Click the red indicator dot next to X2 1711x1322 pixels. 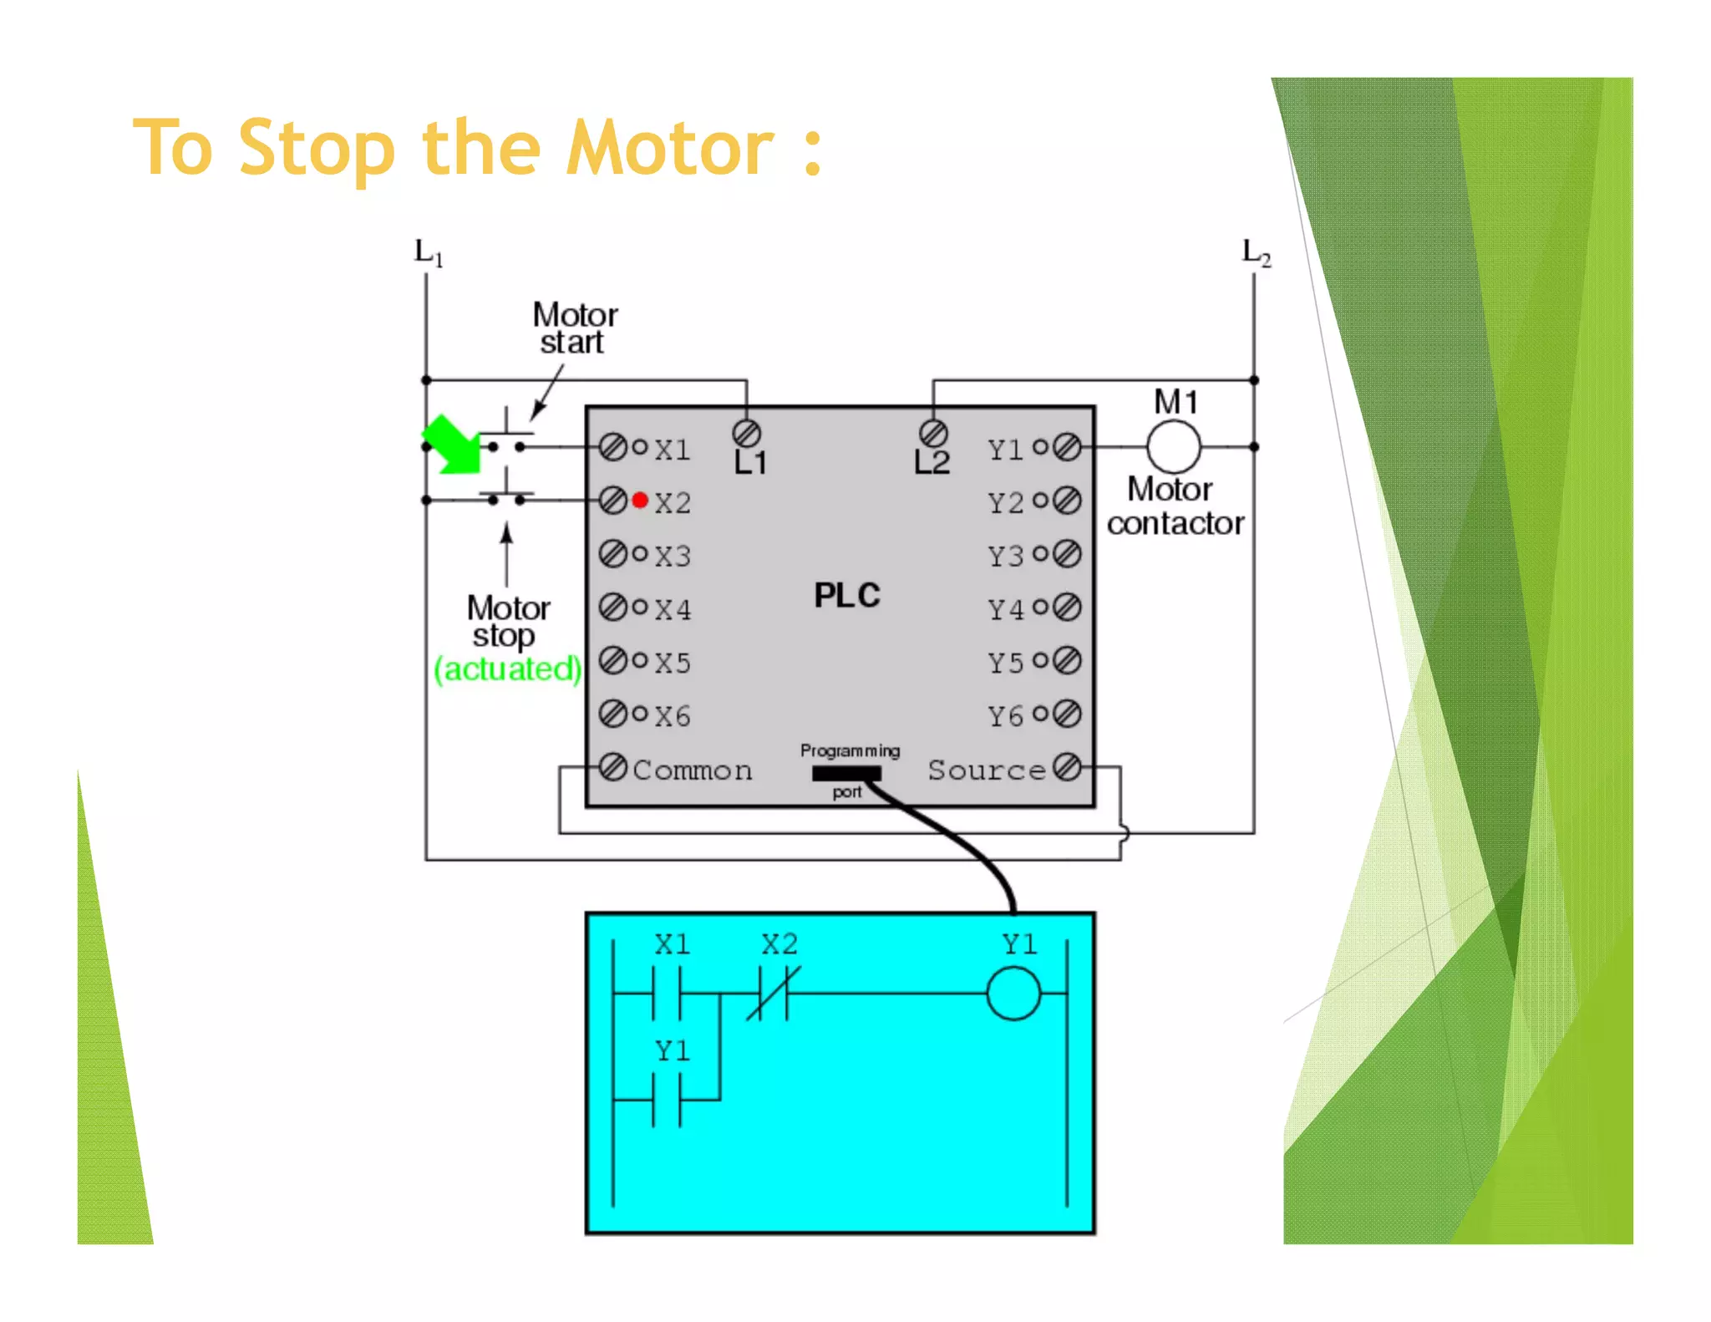[x=640, y=500]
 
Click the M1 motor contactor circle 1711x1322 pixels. [x=1174, y=447]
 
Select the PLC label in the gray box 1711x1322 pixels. [x=846, y=596]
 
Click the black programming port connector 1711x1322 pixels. [x=845, y=774]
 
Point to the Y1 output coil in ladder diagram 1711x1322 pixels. [x=1013, y=994]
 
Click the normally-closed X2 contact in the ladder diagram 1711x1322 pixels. [x=773, y=994]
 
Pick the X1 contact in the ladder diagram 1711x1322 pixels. [x=667, y=994]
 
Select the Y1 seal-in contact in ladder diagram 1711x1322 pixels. [x=667, y=1100]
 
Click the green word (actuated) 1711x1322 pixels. [x=506, y=669]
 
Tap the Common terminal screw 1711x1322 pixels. [x=613, y=766]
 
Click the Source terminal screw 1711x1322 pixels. [x=1067, y=766]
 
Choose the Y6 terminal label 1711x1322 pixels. [x=1005, y=716]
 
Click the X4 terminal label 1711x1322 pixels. [x=673, y=609]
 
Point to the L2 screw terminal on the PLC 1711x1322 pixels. [x=933, y=434]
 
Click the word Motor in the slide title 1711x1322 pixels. [x=670, y=149]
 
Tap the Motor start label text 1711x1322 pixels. [x=575, y=328]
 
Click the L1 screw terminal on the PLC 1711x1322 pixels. [x=746, y=434]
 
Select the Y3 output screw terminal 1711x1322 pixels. [x=1067, y=553]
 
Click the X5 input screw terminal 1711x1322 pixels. [x=613, y=660]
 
